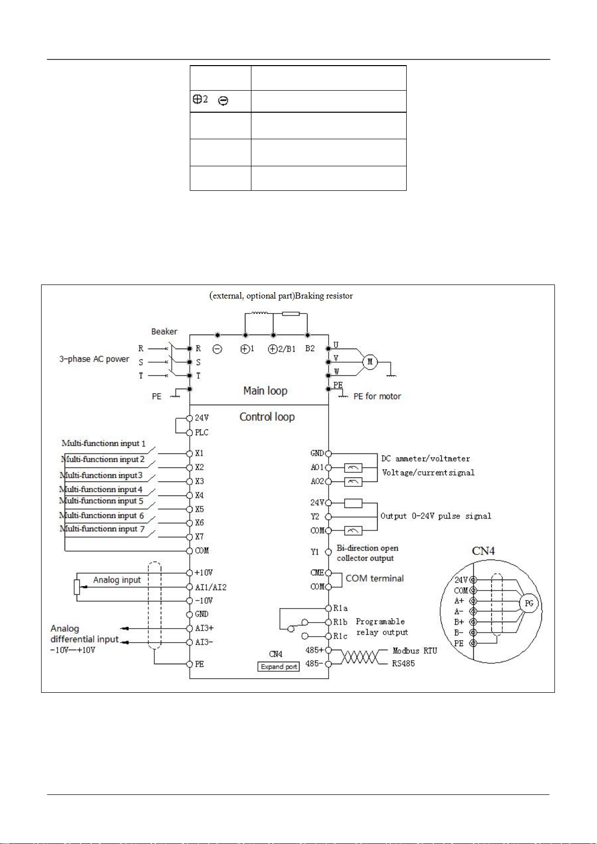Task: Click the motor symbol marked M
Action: [x=370, y=362]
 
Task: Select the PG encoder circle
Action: [x=529, y=603]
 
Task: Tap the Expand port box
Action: [x=278, y=667]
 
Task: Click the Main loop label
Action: [x=265, y=391]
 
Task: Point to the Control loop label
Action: [x=267, y=417]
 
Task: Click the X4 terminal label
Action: [x=199, y=495]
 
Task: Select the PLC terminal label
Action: [x=201, y=432]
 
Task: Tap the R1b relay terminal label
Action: [x=340, y=622]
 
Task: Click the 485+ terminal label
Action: [x=315, y=650]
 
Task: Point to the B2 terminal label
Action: [x=310, y=349]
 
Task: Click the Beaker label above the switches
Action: [x=164, y=332]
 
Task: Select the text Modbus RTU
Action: [x=415, y=651]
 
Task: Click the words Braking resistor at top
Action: [x=324, y=296]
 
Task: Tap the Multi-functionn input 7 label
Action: [x=102, y=528]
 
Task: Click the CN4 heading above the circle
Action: [x=483, y=551]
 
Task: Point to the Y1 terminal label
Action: [x=315, y=552]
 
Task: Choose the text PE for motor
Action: [x=377, y=396]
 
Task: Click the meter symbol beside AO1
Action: [x=353, y=468]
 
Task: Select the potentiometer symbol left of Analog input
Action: [x=77, y=587]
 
